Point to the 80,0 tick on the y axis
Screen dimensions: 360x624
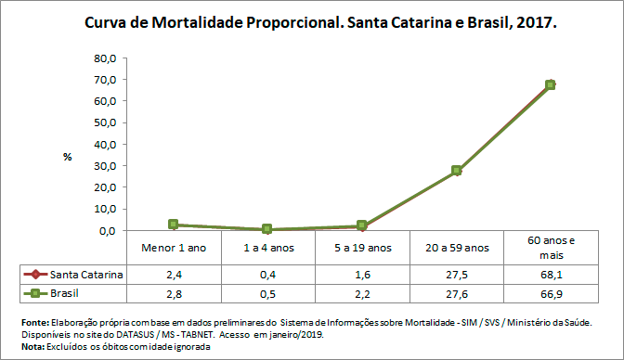pos(104,58)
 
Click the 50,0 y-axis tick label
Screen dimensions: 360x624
pos(104,122)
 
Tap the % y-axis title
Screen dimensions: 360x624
pos(67,157)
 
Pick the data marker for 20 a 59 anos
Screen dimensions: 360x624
pos(456,171)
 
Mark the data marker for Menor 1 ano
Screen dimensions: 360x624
pos(174,225)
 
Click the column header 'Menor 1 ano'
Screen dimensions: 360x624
pos(174,248)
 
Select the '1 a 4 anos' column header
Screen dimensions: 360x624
pos(267,248)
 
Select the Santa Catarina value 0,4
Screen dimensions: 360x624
pos(267,275)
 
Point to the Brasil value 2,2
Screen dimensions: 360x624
pos(362,292)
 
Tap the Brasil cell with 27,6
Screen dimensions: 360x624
pos(456,292)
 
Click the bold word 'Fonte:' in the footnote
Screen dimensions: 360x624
pos(34,321)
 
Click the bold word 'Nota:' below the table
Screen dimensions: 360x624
pos(32,345)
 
